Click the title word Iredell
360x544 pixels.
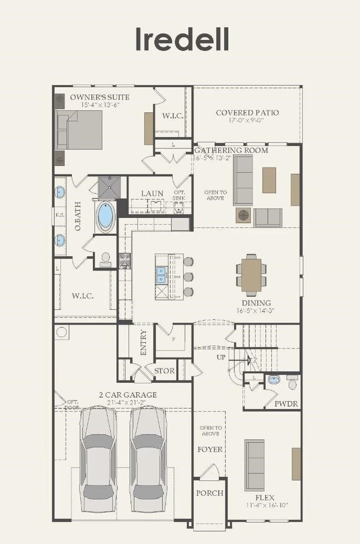pyautogui.click(x=182, y=39)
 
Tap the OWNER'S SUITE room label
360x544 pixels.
pyautogui.click(x=100, y=97)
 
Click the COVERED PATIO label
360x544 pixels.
pyautogui.click(x=247, y=112)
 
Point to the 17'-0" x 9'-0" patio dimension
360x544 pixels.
pyautogui.click(x=247, y=120)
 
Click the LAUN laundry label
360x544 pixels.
pyautogui.click(x=151, y=193)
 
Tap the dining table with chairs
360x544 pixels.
pyautogui.click(x=251, y=273)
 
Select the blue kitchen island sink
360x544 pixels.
pyautogui.click(x=161, y=271)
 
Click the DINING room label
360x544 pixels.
pyautogui.click(x=255, y=303)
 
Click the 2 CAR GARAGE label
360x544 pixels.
pyautogui.click(x=127, y=395)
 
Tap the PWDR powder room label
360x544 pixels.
pyautogui.click(x=286, y=404)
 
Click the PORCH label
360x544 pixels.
pyautogui.click(x=209, y=492)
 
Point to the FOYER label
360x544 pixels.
pyautogui.click(x=210, y=449)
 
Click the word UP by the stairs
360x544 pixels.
pyautogui.click(x=221, y=357)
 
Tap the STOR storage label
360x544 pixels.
pyautogui.click(x=164, y=371)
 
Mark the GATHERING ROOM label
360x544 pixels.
pyautogui.click(x=231, y=150)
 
